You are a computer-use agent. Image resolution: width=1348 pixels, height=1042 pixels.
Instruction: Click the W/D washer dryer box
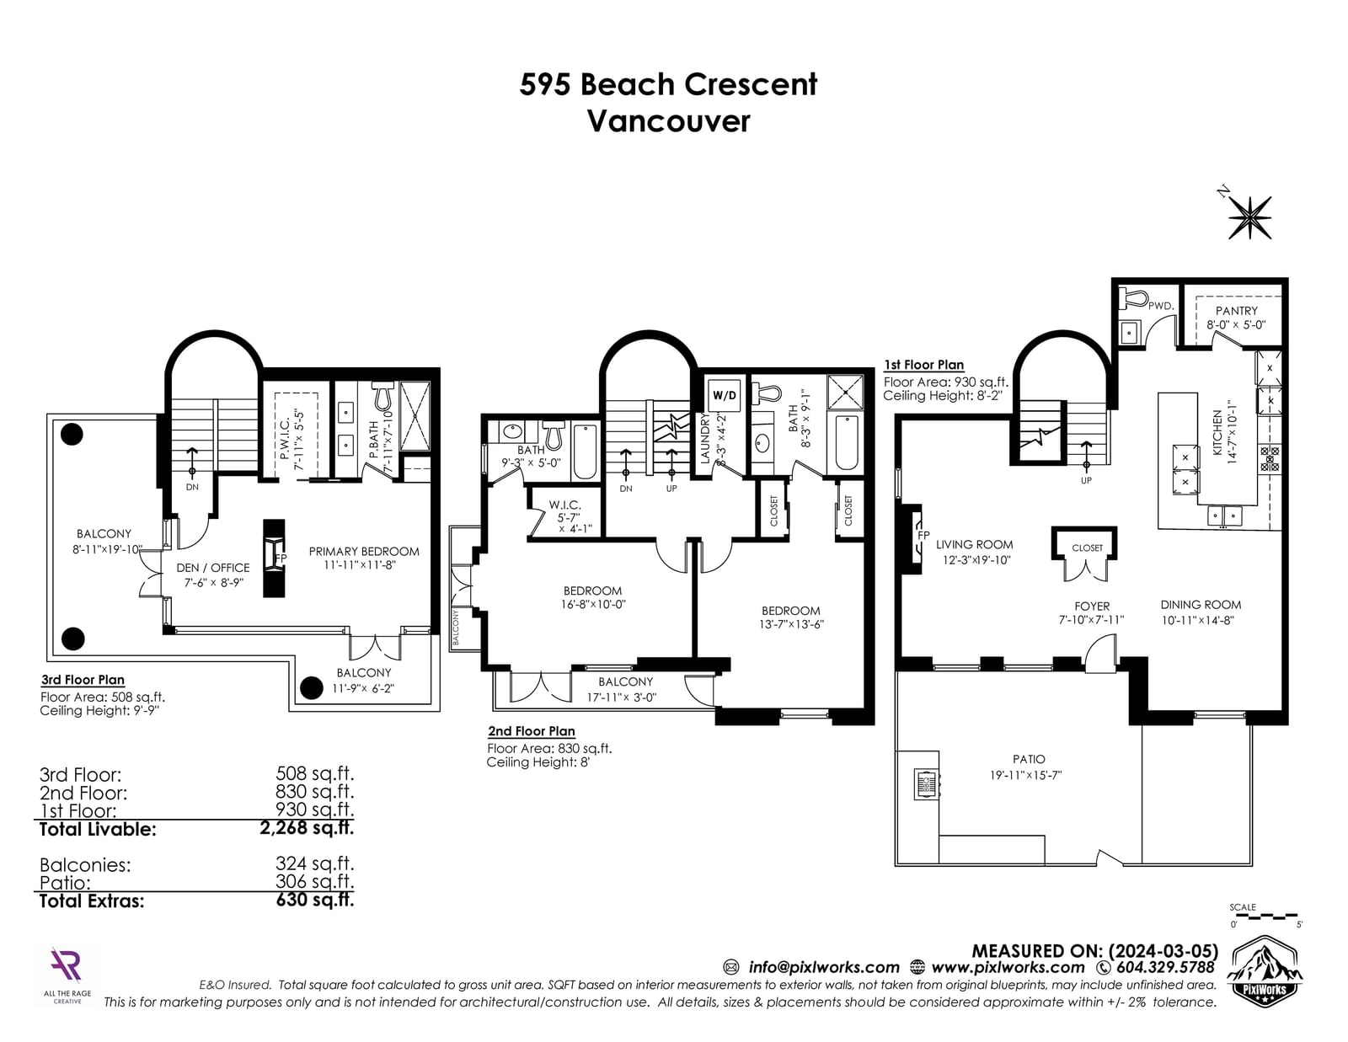tap(724, 395)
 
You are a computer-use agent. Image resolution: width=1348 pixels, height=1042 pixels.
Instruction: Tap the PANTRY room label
tap(1236, 311)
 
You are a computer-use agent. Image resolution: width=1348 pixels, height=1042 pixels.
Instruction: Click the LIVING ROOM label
tap(974, 544)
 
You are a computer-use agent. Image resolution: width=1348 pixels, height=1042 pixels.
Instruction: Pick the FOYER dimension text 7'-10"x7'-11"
tap(1091, 620)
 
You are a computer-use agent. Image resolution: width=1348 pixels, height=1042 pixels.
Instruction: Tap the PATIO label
tap(1029, 759)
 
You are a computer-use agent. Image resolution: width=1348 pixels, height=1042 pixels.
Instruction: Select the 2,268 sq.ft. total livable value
tap(307, 828)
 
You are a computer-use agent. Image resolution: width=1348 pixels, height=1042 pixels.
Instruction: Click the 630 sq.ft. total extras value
tap(314, 900)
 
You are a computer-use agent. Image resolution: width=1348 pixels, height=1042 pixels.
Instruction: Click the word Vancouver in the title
tap(668, 121)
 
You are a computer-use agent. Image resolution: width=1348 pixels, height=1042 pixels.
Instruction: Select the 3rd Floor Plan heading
tap(83, 680)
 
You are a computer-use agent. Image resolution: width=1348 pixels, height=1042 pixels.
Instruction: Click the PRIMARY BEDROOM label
tap(363, 552)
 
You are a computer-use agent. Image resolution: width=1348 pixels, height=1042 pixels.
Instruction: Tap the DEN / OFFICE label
tap(213, 568)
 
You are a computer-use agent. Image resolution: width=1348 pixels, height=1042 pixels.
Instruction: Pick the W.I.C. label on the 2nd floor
tap(564, 505)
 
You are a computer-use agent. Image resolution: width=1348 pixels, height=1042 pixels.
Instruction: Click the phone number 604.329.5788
tap(1164, 967)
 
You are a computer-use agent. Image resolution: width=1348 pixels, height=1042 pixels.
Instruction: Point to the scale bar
tap(1264, 916)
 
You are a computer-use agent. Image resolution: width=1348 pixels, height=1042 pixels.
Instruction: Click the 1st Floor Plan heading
tap(923, 365)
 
